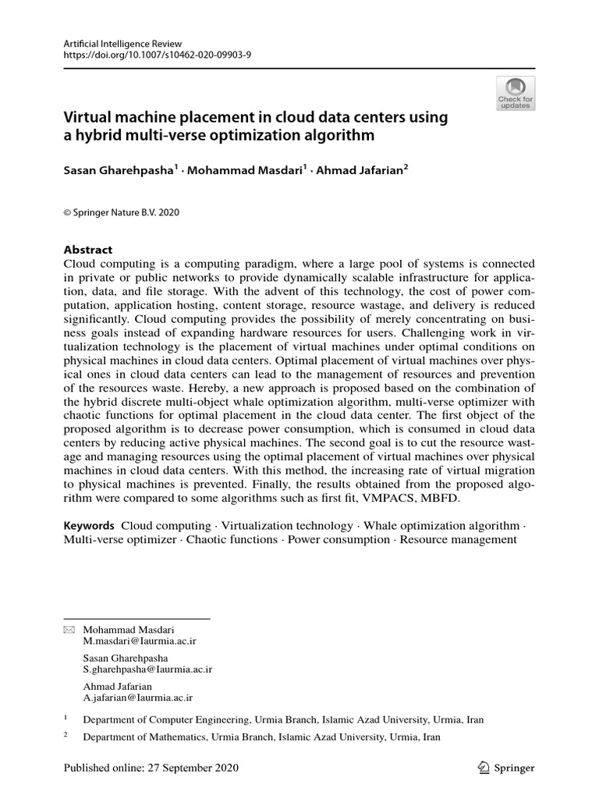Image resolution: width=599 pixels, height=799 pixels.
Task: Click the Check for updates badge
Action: pyautogui.click(x=516, y=93)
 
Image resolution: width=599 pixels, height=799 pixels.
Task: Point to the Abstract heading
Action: pyautogui.click(x=87, y=250)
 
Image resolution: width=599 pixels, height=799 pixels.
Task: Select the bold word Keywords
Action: pyautogui.click(x=89, y=526)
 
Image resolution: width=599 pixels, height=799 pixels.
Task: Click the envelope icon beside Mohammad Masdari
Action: pyautogui.click(x=69, y=629)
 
